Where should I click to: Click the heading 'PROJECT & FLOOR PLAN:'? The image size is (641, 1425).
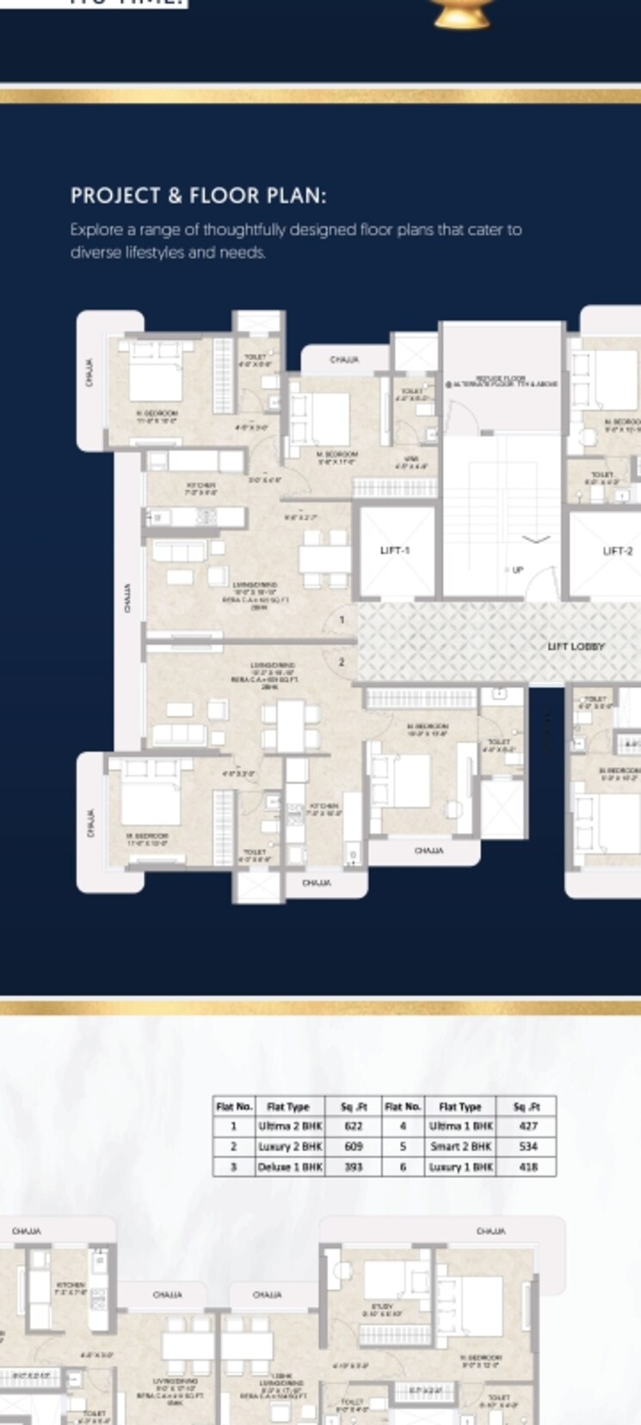[x=198, y=195]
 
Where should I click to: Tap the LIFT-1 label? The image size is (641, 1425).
[x=395, y=550]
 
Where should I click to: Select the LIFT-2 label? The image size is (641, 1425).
[x=617, y=551]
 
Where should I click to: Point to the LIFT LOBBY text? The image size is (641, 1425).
[x=576, y=646]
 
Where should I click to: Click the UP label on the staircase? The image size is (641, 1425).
[x=517, y=570]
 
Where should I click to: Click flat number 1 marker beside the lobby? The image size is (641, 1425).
[x=342, y=620]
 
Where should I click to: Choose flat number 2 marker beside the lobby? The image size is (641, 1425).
[x=342, y=662]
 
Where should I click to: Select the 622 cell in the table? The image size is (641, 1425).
[x=353, y=1126]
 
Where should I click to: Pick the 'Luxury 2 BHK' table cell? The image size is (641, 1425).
[x=290, y=1146]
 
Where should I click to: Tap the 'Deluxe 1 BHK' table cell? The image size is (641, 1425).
[x=290, y=1168]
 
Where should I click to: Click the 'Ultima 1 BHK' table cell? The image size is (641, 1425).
[x=460, y=1126]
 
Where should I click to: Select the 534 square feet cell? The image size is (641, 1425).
[x=527, y=1146]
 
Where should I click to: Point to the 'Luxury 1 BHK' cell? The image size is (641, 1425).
[x=460, y=1168]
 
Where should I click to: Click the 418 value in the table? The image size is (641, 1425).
[x=527, y=1168]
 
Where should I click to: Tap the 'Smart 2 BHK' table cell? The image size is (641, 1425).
[x=460, y=1146]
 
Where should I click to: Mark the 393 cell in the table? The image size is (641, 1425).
[x=353, y=1168]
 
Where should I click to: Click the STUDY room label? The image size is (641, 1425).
[x=381, y=1307]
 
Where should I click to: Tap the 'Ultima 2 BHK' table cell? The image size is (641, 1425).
[x=290, y=1126]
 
